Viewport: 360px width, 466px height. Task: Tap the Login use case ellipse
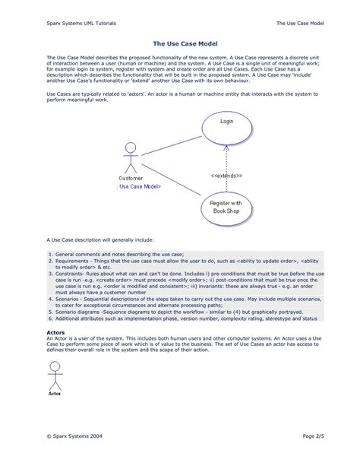coord(227,122)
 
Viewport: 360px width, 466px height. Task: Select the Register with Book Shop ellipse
coord(227,206)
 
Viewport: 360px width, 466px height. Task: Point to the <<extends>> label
coord(227,176)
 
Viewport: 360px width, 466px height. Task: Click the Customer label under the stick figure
coord(130,178)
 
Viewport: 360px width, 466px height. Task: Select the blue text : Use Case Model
coord(139,186)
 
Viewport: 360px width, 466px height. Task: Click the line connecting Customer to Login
coord(171,142)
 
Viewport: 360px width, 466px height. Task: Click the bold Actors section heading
coord(55,332)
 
